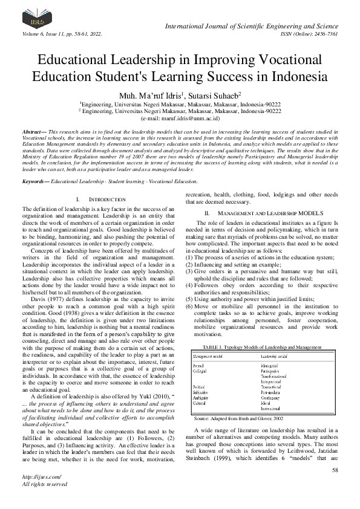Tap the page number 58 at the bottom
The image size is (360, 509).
(x=335, y=470)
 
